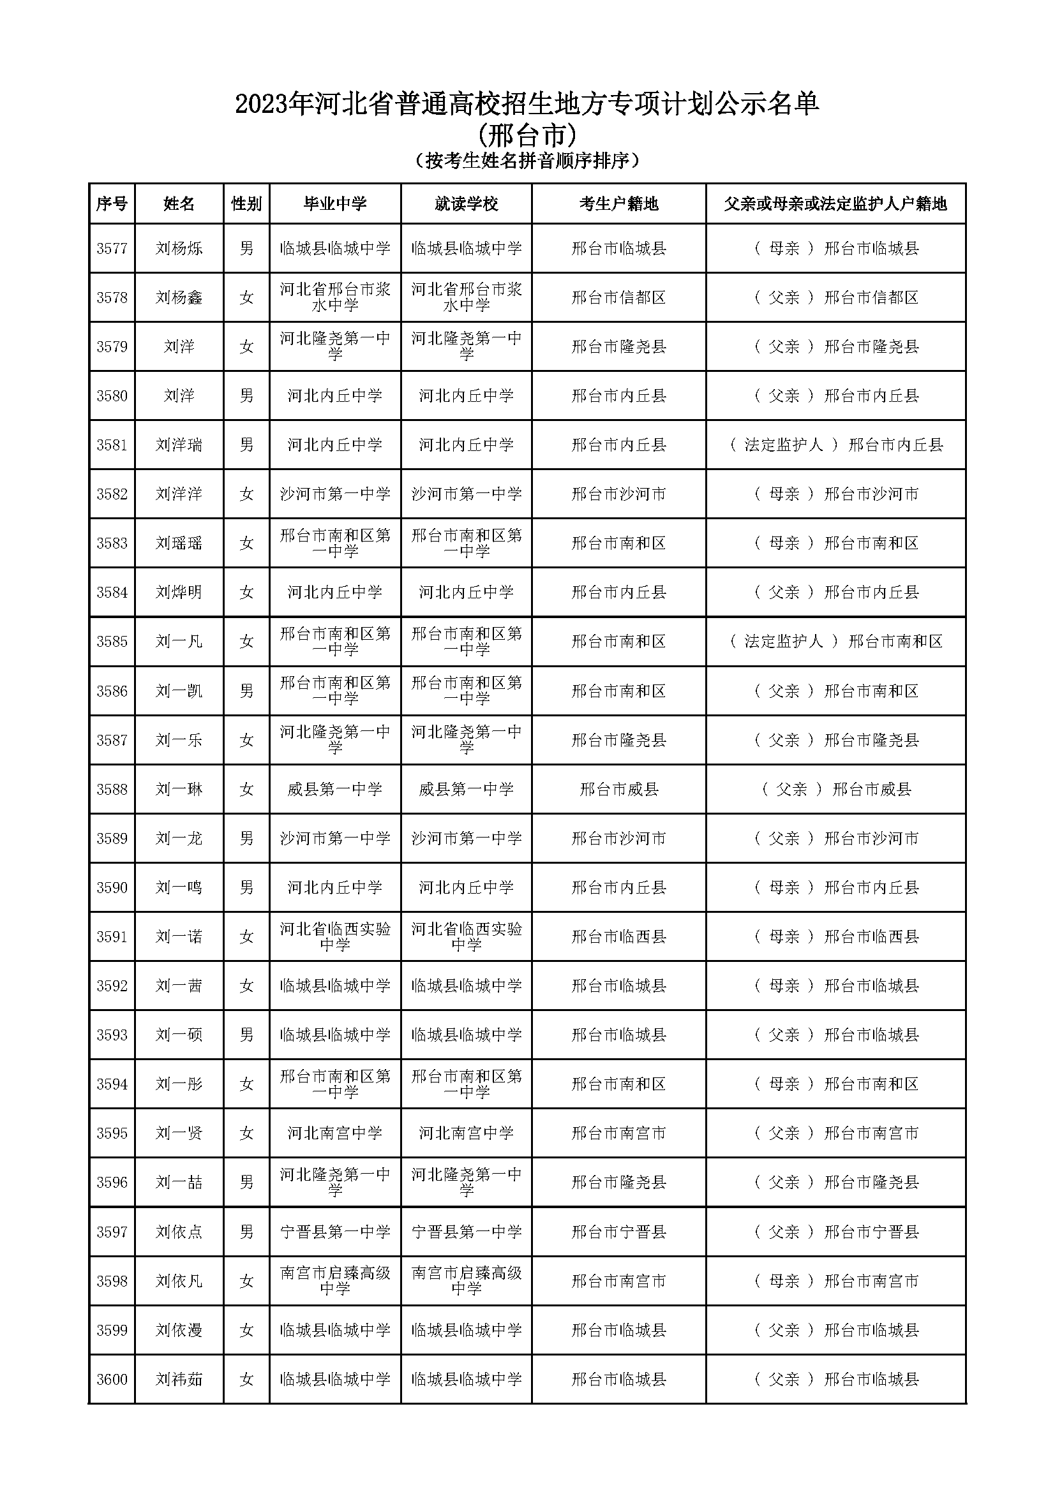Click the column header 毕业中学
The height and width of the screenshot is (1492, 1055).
(335, 204)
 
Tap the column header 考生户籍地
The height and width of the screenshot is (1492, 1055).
(618, 204)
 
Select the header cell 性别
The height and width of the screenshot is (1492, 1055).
(246, 204)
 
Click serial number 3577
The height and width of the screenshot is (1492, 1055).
(112, 248)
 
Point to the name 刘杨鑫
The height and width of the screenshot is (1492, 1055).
(179, 298)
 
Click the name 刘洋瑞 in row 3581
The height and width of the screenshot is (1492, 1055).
(179, 445)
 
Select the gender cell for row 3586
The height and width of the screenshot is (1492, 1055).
(246, 691)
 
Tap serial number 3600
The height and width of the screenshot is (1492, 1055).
(112, 1379)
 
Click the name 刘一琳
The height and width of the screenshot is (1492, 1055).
(179, 789)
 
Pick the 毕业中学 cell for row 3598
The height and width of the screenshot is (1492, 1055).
(335, 1281)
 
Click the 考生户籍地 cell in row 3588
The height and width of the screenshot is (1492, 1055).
(618, 789)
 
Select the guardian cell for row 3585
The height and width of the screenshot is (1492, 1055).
(836, 641)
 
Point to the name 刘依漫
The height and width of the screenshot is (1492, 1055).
(179, 1330)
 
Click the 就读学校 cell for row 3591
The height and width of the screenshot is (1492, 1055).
(466, 936)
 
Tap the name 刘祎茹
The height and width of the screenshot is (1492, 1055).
(179, 1379)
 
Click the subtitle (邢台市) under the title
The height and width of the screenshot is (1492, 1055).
(527, 136)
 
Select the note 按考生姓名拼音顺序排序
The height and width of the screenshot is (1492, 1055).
(527, 161)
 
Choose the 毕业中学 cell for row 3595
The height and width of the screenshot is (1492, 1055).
(335, 1134)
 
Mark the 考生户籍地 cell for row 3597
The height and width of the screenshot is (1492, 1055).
(618, 1231)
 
